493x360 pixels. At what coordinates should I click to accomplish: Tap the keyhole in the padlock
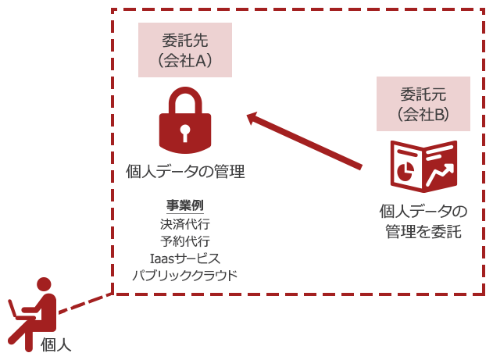[x=185, y=132]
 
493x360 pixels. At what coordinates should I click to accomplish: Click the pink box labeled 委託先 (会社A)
[x=185, y=50]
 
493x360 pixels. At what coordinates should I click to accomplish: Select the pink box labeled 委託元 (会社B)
[x=423, y=103]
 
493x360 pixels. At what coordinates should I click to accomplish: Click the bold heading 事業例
[x=185, y=206]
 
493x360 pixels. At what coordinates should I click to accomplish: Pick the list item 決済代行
[x=185, y=223]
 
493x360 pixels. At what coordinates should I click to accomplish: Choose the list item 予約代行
[x=185, y=241]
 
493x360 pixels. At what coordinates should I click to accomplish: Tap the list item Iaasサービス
[x=185, y=258]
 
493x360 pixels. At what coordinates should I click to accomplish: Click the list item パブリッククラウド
[x=185, y=275]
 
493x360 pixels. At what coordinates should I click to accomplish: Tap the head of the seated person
[x=45, y=286]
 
